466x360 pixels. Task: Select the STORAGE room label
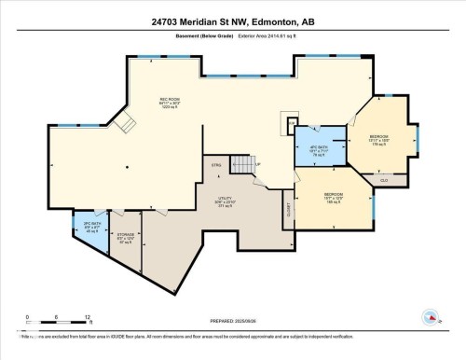click(126, 236)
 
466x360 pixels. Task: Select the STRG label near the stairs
click(215, 165)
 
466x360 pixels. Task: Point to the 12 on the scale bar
click(88, 318)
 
